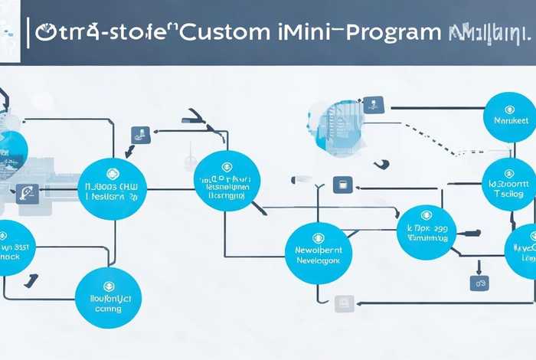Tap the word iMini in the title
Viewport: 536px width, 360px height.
click(x=295, y=32)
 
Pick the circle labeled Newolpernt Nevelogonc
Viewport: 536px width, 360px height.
click(x=319, y=253)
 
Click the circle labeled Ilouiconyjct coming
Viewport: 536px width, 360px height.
click(x=108, y=298)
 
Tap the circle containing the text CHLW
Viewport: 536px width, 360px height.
click(x=113, y=188)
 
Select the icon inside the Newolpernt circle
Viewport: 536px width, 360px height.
click(x=319, y=235)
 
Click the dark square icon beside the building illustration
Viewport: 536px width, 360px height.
click(x=374, y=103)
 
